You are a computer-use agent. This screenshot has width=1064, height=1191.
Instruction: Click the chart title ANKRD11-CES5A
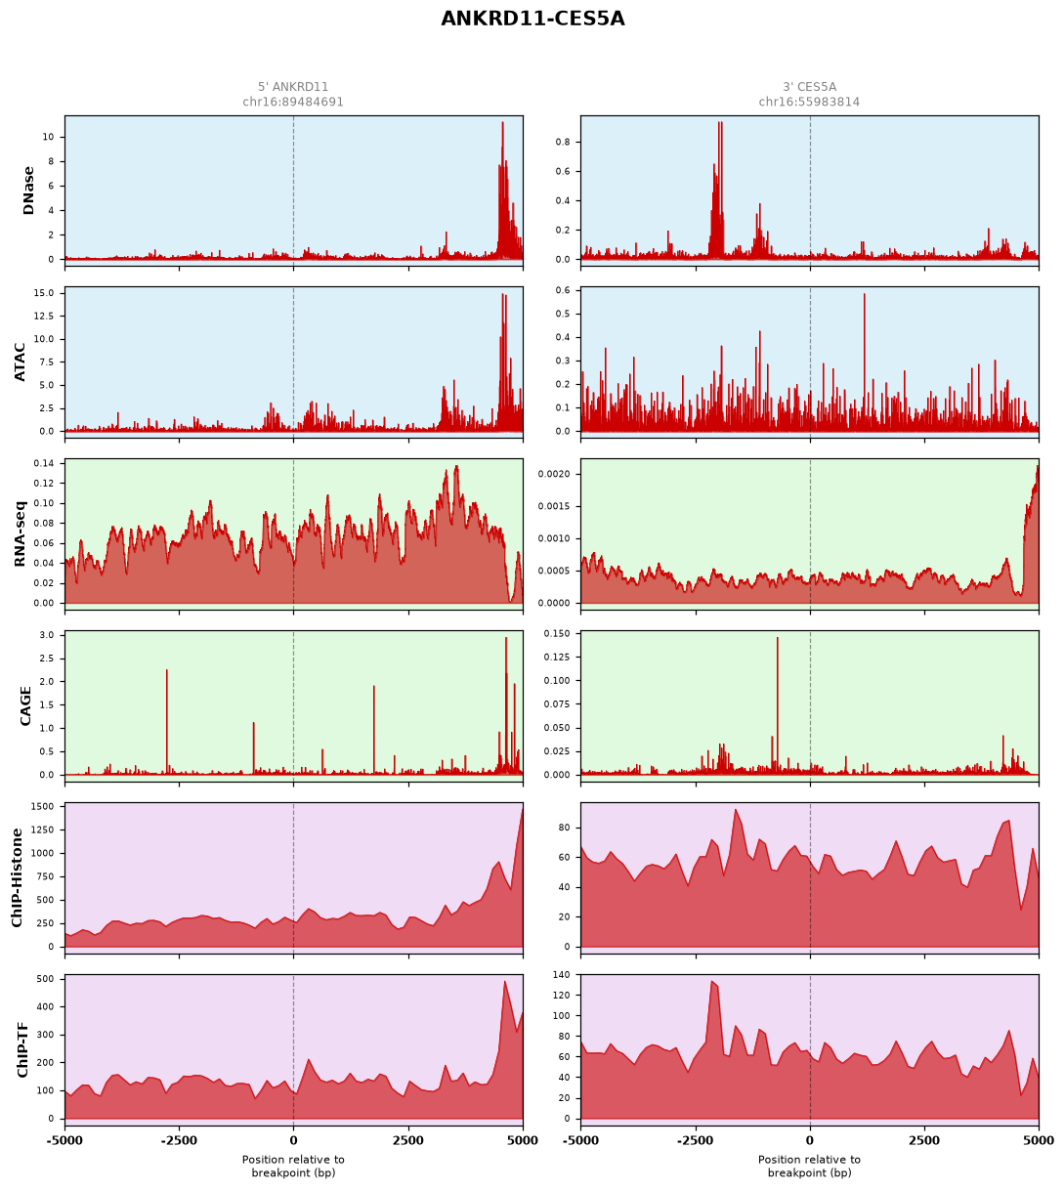tap(532, 19)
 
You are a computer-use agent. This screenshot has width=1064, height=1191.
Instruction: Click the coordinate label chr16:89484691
tap(293, 102)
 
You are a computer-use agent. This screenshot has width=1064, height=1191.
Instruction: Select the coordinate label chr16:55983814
tap(809, 102)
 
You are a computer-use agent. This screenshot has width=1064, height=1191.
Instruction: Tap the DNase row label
tap(28, 191)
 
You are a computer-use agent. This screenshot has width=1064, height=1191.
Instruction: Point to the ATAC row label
tap(20, 362)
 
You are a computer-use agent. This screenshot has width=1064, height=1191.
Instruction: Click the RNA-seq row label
tap(20, 533)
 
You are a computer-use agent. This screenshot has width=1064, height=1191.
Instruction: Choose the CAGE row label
tap(25, 706)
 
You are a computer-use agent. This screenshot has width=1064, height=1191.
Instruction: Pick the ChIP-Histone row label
tap(17, 877)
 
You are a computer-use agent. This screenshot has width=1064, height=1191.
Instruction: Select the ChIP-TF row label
tap(22, 1050)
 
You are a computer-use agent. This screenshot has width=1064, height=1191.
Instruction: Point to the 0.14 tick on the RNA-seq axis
tap(44, 463)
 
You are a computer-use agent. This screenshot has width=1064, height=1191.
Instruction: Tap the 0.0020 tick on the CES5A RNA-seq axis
tap(555, 475)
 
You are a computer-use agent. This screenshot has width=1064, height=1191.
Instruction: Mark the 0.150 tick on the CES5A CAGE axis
tap(557, 634)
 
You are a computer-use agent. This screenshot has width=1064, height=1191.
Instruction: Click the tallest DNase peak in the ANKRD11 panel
tap(502, 123)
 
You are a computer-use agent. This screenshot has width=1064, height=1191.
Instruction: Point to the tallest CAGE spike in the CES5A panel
tap(777, 638)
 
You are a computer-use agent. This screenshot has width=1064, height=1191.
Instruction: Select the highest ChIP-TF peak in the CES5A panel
tap(711, 982)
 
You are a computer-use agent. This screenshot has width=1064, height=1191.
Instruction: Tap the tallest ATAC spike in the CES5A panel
tap(864, 294)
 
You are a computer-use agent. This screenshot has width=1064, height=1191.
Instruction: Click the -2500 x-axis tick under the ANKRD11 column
tap(179, 1140)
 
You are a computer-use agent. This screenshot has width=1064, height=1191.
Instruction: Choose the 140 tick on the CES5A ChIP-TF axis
tap(563, 975)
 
